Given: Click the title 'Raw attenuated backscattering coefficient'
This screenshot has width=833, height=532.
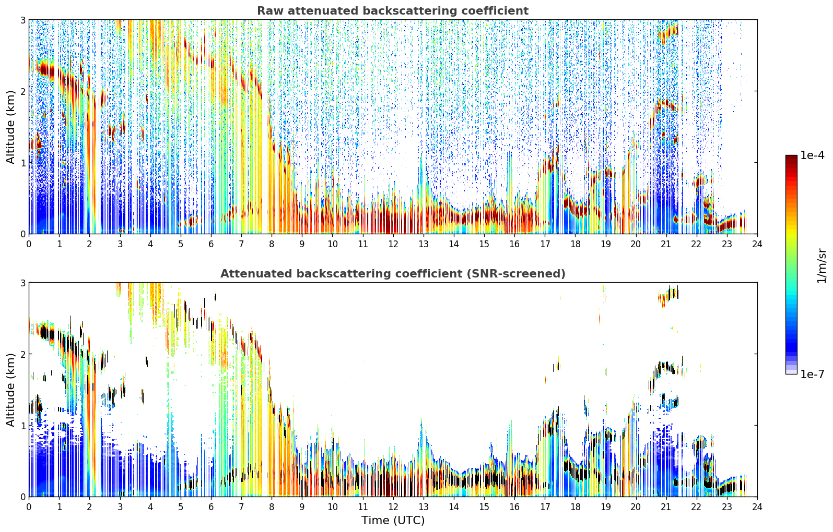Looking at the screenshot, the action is pos(393,11).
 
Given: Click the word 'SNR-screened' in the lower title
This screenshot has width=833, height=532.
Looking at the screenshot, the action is pos(519,274).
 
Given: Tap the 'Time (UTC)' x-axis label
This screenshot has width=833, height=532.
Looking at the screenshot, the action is pos(393,521).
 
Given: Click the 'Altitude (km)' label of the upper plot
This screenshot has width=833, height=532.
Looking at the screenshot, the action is pos(10,127).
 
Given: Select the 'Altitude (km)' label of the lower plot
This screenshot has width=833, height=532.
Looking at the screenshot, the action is pos(10,390).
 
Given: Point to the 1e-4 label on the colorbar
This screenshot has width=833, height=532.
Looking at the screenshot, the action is pos(812,155).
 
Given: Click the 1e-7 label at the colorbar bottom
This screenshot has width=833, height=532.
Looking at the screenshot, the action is pos(812,374).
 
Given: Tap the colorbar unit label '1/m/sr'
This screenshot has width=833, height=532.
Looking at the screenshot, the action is pos(822,266).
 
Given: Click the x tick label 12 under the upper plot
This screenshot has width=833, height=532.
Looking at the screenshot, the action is pos(393,244).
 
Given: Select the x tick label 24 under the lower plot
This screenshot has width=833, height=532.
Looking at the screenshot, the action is pos(757,507).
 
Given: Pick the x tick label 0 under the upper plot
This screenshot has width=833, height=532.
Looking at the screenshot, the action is pos(29,244).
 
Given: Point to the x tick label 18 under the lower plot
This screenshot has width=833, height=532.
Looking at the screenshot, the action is pos(576,507).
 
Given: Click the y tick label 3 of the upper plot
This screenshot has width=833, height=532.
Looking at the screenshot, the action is pos(22,20).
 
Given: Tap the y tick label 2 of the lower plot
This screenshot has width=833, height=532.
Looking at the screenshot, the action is pos(22,354).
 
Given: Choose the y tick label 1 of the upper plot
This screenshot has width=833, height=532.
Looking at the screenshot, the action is pos(22,163).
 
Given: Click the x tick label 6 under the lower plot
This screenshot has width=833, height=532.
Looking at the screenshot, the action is pos(211,507).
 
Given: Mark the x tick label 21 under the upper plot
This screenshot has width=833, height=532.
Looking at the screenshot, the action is pos(666,244).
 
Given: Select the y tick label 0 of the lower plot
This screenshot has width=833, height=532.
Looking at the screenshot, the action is pos(22,497).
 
